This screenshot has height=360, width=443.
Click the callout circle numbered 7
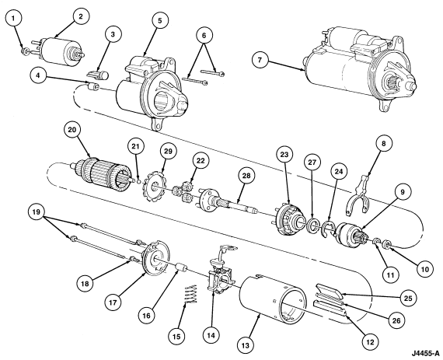(260, 60)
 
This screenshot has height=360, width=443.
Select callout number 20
(72, 130)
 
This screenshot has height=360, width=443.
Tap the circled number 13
(246, 344)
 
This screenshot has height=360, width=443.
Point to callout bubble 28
(246, 176)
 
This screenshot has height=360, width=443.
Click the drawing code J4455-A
(425, 353)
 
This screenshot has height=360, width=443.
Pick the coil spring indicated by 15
(191, 294)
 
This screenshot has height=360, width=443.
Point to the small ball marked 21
(138, 181)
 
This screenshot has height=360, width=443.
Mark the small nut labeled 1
(25, 51)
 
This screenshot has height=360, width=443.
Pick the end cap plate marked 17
(156, 257)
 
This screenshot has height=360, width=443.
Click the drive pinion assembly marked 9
(351, 236)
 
